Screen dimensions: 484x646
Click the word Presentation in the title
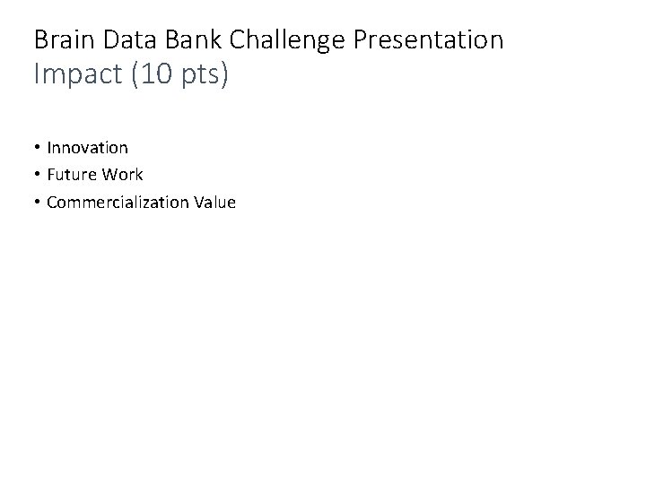coord(427,40)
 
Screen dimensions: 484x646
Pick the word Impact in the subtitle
coord(73,75)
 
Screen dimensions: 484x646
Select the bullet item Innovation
coord(87,147)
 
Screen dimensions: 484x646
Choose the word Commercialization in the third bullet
coord(117,203)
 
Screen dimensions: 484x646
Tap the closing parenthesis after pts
coord(224,75)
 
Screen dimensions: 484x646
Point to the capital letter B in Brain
coord(39,40)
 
